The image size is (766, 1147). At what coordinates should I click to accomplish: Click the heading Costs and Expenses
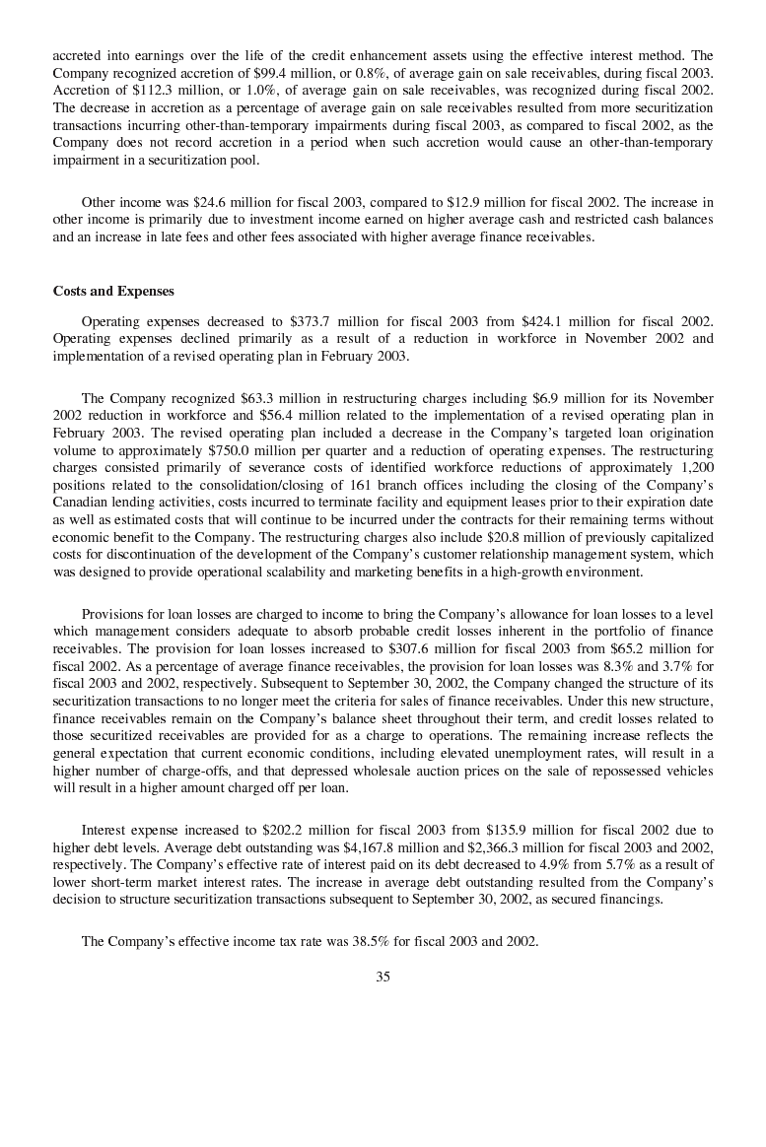pos(113,292)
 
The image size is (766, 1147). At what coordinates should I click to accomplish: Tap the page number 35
pos(383,977)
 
